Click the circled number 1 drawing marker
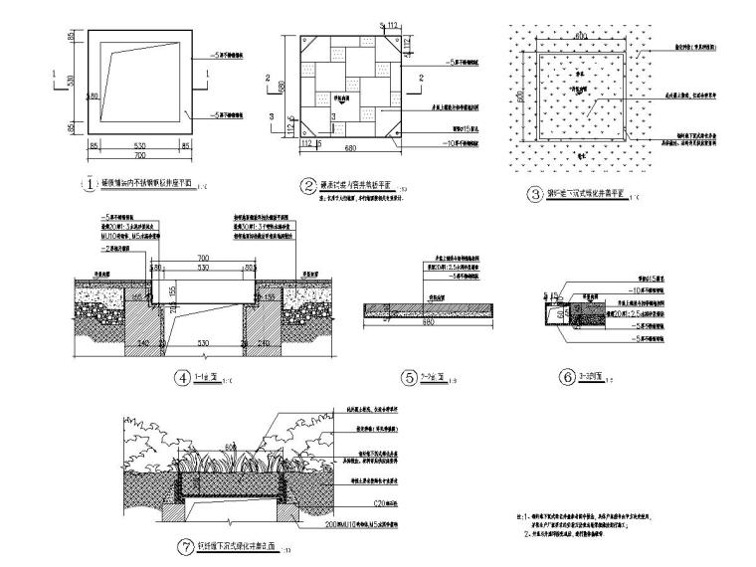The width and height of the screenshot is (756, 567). [x=91, y=184]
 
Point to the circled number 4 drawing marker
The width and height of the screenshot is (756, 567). [x=182, y=377]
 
